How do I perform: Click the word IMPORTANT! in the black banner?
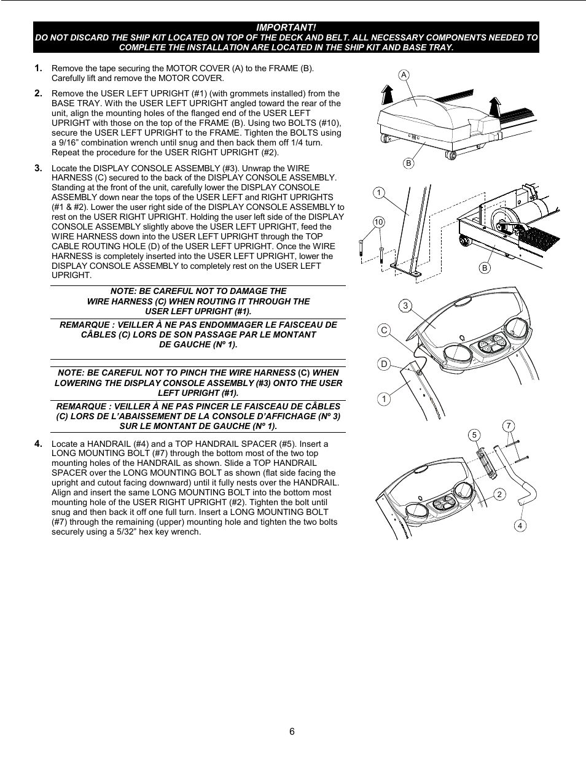point(286,28)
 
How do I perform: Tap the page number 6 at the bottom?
point(292,731)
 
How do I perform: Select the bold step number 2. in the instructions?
point(39,93)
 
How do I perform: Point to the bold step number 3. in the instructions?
point(39,168)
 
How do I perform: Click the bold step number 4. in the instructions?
point(39,443)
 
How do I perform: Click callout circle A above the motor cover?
point(404,75)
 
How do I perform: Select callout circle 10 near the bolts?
point(378,222)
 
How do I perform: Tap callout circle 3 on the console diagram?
point(405,306)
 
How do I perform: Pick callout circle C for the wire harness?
point(384,330)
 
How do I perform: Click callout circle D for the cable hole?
point(384,364)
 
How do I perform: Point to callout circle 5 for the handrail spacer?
point(474,435)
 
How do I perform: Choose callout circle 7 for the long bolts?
point(508,426)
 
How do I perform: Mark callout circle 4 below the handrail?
point(520,525)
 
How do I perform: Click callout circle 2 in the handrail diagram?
point(499,494)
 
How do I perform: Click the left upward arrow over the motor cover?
point(386,95)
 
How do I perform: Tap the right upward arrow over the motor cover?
point(494,105)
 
